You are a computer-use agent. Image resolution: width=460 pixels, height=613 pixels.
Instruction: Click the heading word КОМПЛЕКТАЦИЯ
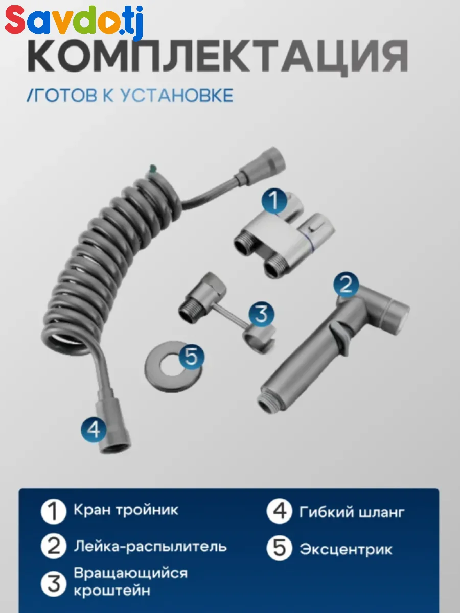tap(218, 57)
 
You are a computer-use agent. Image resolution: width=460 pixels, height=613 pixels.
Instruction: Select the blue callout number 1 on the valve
tap(274, 201)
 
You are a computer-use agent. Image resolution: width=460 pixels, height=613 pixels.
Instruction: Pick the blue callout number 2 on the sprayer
tap(347, 285)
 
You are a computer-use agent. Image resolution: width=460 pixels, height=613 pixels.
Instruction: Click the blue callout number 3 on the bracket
tap(261, 314)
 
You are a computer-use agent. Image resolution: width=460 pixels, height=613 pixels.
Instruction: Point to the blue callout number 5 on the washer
tap(191, 357)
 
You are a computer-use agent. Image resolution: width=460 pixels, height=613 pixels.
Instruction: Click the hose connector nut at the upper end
tap(263, 163)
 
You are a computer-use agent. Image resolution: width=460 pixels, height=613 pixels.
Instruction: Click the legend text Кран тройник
tap(126, 510)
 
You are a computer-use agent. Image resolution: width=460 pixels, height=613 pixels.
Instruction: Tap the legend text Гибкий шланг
tap(352, 512)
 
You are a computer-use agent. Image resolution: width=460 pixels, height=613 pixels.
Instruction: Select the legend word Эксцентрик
tap(346, 550)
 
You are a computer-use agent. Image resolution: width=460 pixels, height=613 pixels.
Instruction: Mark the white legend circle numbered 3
tap(53, 584)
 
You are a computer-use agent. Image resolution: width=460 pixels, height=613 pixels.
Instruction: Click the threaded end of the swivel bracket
tap(191, 312)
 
